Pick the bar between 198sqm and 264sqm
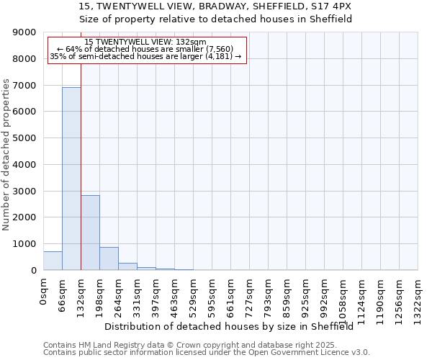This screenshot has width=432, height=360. coord(109,258)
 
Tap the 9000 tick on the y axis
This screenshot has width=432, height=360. coord(25,32)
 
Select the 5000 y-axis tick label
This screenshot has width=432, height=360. coord(25,138)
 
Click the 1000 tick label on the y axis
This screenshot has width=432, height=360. coord(25,244)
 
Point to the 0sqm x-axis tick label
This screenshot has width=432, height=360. coord(44,292)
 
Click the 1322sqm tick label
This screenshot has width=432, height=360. coord(418,300)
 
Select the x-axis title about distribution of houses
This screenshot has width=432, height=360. coord(234,326)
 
